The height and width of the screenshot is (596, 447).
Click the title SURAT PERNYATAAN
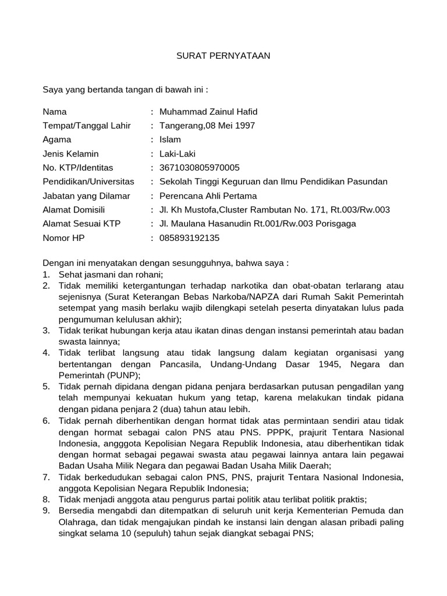tap(223, 56)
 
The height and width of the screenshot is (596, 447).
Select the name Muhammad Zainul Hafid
tap(204, 112)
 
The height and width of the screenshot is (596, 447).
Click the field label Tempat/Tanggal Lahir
tap(87, 126)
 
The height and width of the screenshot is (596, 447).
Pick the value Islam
tap(170, 140)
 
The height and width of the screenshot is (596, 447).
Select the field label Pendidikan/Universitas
tap(88, 182)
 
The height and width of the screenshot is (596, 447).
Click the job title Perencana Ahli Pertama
tap(208, 196)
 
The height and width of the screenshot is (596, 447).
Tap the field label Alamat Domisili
tap(74, 210)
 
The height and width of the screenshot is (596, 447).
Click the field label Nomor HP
tap(64, 237)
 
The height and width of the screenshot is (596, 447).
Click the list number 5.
tap(46, 386)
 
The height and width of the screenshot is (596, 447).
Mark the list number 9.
tap(46, 510)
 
